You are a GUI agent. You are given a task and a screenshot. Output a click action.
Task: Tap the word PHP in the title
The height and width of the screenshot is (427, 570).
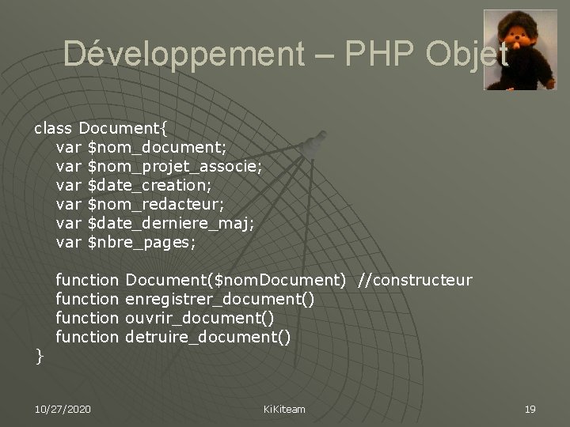[367, 54]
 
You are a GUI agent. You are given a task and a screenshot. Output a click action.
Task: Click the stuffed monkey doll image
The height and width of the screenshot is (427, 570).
[520, 50]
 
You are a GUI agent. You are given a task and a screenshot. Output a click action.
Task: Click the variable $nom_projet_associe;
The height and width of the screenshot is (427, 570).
[175, 166]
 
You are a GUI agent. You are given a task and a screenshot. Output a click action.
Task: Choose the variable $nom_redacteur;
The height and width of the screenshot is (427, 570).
[157, 205]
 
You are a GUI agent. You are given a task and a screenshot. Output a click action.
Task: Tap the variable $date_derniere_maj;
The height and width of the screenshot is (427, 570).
[171, 224]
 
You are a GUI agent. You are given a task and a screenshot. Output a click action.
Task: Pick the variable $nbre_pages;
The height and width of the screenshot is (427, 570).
[141, 243]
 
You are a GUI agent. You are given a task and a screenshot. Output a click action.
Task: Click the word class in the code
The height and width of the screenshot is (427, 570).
[52, 128]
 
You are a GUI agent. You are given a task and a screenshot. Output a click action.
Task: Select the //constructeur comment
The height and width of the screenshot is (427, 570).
[415, 281]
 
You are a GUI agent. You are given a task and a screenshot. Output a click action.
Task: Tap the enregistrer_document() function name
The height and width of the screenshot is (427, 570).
[220, 300]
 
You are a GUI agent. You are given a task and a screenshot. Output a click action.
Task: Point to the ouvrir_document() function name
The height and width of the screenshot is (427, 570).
[200, 319]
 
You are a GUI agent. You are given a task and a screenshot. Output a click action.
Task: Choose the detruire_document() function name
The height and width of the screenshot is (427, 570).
[208, 338]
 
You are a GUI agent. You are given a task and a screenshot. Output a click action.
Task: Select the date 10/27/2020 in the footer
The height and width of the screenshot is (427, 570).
[63, 409]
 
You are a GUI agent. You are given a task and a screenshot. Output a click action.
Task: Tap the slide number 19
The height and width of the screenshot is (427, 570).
[530, 409]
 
